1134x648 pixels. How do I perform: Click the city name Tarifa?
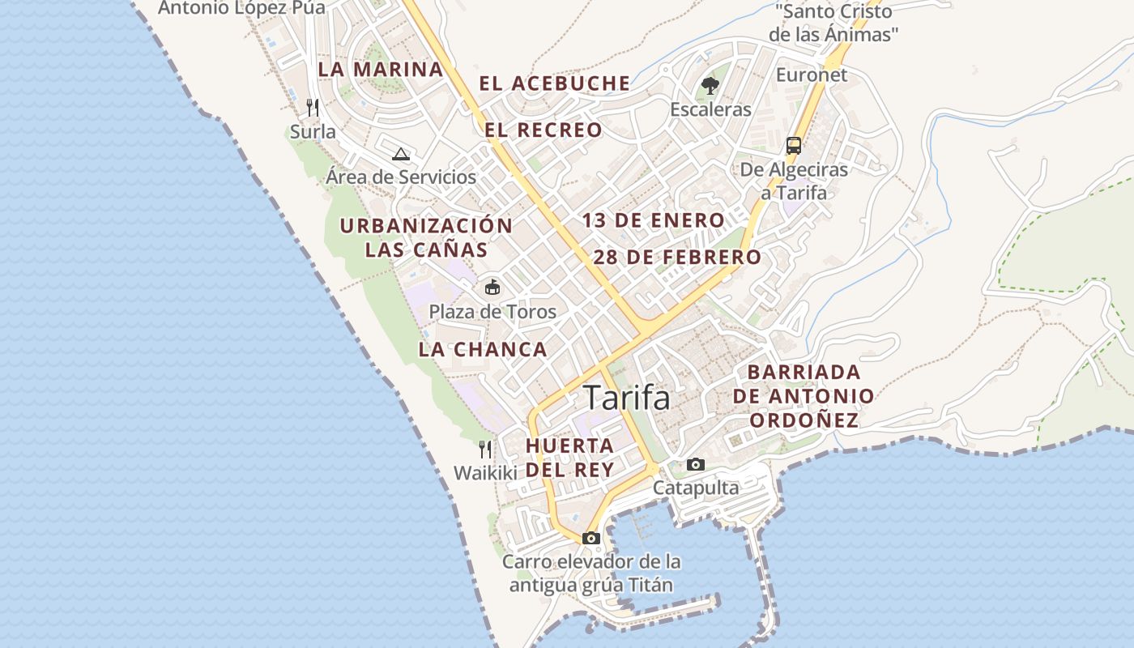[627, 398]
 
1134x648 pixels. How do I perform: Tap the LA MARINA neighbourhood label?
[381, 70]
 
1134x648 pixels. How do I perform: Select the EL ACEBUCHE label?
[555, 83]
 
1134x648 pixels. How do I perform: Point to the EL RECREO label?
[544, 130]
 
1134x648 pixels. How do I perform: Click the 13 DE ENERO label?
[653, 220]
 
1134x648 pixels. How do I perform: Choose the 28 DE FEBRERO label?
[677, 258]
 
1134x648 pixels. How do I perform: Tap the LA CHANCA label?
[483, 350]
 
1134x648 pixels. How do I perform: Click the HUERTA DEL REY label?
[569, 458]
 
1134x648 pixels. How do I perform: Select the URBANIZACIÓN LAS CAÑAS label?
[426, 237]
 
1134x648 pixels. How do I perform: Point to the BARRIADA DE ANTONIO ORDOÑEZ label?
[803, 396]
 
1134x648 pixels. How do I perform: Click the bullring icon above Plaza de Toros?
[492, 287]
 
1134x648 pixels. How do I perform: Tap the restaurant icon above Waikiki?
[485, 449]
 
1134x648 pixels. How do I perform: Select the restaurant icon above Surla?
[313, 107]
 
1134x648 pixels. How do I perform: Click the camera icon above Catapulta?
[695, 464]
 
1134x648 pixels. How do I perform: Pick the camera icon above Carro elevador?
[590, 538]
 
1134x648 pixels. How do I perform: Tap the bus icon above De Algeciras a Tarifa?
[793, 146]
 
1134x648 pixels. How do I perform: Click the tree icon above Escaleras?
[710, 85]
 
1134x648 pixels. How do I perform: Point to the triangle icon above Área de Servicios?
[400, 154]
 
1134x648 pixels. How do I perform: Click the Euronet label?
[812, 75]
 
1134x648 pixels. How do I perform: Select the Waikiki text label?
[484, 473]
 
